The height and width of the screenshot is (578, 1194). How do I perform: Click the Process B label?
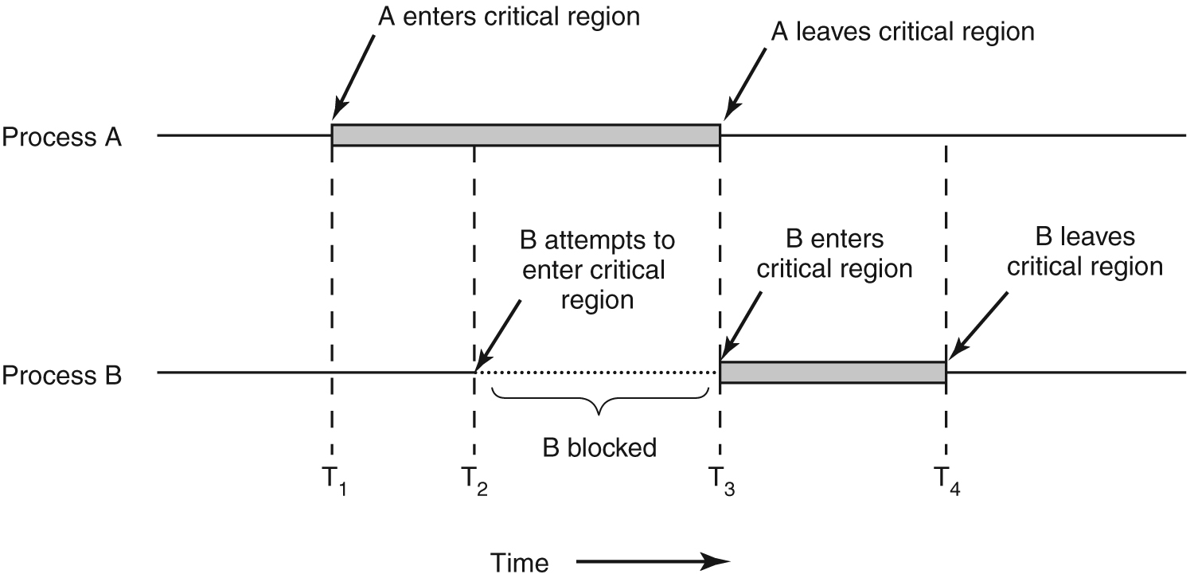point(62,374)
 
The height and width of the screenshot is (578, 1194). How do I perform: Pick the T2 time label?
point(475,481)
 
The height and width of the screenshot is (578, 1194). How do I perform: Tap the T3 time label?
point(722,481)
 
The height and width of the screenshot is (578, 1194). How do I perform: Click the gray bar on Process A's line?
point(525,135)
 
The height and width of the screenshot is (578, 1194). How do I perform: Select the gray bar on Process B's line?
point(833,373)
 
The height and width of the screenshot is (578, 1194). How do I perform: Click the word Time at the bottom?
point(519,562)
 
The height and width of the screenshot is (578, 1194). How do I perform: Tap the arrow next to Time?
point(653,561)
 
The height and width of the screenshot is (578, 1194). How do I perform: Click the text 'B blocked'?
point(599,447)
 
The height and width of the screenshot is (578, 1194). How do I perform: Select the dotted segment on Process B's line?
point(597,373)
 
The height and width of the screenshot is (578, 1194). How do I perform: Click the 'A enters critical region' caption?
point(509,17)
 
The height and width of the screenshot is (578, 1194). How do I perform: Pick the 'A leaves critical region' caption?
point(902,32)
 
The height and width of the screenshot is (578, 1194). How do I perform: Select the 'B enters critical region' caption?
point(834,253)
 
